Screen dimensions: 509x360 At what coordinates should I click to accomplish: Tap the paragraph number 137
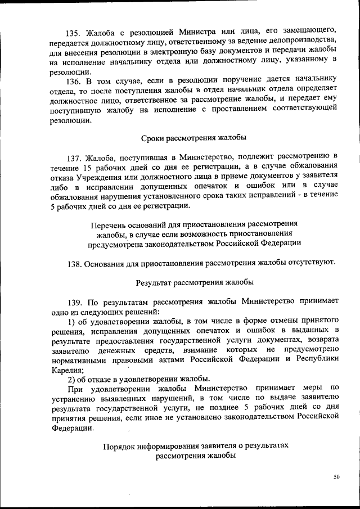(x=75, y=155)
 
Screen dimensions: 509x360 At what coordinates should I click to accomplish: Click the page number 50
(x=336, y=477)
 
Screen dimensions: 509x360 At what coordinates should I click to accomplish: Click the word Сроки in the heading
(x=151, y=137)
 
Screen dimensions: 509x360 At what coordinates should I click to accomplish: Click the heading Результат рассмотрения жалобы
(x=195, y=282)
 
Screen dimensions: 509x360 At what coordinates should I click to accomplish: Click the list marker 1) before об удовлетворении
(x=71, y=321)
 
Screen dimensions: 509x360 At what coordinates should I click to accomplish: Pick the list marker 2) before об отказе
(x=71, y=378)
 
